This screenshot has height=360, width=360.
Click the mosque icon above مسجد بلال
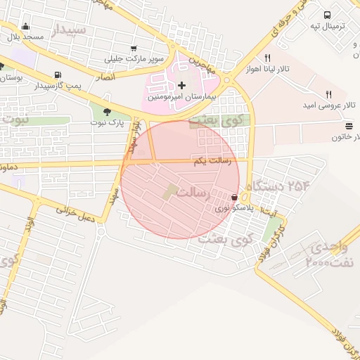[x=26, y=27]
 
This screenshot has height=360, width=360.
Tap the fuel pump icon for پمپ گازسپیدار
[x=56, y=75]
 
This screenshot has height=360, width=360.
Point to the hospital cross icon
[x=182, y=84]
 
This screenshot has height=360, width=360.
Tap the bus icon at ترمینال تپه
[x=328, y=15]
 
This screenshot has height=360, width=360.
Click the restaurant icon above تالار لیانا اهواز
[x=266, y=58]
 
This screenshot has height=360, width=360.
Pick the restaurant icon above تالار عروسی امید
[x=328, y=95]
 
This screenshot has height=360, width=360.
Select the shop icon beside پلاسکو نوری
[x=234, y=198]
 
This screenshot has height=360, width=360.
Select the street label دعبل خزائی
[x=76, y=214]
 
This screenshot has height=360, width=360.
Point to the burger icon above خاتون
[x=349, y=126]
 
